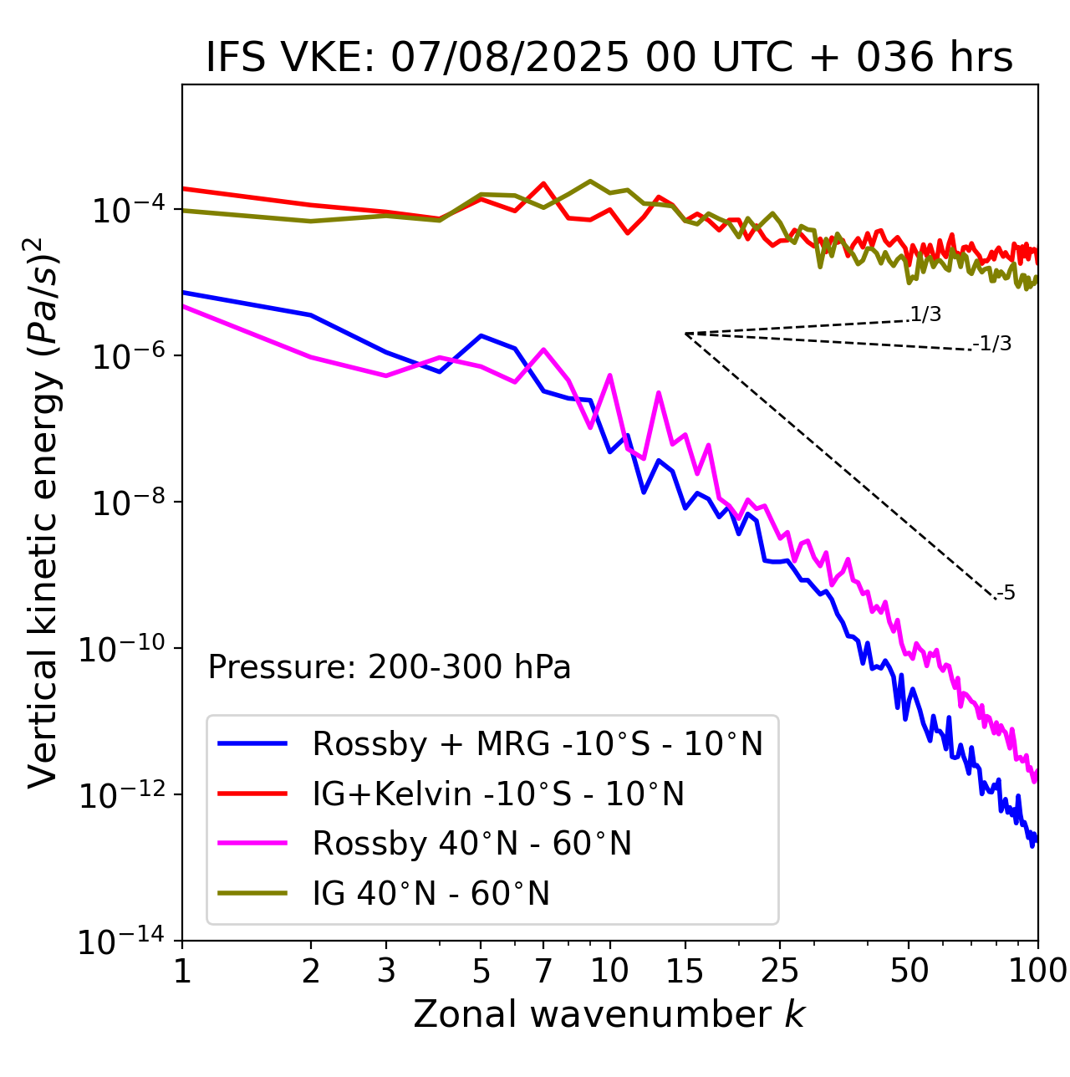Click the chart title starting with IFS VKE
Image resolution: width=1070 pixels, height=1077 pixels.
(609, 58)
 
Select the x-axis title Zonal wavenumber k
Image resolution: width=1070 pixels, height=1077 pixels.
(609, 1013)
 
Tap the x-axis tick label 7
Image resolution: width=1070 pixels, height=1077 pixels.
(543, 971)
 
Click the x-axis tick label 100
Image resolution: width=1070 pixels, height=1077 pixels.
(1037, 971)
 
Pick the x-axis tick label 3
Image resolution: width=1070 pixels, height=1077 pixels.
(386, 971)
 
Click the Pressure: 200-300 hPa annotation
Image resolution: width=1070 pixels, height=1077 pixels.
(390, 667)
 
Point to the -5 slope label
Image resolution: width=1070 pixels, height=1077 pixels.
(1006, 594)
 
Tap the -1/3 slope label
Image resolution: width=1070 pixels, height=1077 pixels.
(992, 344)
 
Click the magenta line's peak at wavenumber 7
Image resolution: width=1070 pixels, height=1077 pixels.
(543, 350)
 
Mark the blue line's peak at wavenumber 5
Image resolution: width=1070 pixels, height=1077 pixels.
(481, 335)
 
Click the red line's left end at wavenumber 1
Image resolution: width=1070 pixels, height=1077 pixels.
(183, 188)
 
